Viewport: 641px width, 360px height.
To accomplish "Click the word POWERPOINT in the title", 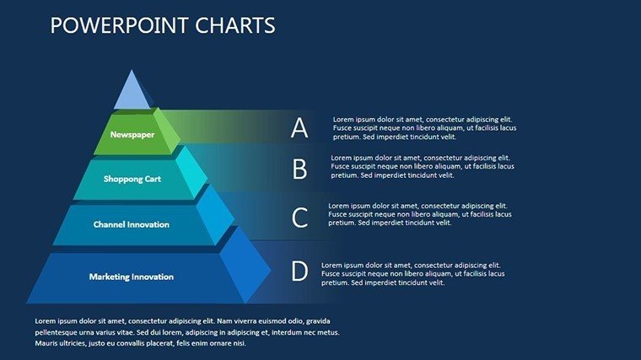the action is click(x=120, y=25).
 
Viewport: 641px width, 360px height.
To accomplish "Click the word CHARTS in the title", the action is click(x=235, y=25).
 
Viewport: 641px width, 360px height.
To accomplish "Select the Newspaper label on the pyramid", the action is click(x=132, y=134).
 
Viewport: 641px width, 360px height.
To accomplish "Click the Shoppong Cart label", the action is click(x=132, y=179).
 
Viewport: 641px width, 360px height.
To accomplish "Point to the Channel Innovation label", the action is click(x=132, y=224).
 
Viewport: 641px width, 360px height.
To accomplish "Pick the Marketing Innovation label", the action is click(x=132, y=277).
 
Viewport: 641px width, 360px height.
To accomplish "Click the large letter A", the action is click(x=299, y=128).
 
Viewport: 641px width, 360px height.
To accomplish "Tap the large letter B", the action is click(x=299, y=169).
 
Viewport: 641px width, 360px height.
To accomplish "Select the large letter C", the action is click(x=299, y=217).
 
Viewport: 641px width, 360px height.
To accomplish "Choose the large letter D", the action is click(x=299, y=271).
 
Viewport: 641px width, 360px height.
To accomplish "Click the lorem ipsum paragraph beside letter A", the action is click(x=424, y=128).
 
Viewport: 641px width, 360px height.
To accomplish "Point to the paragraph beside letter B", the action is click(x=423, y=166).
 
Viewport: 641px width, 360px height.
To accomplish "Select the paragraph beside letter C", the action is click(x=420, y=214).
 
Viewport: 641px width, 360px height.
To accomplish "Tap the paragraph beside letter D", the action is click(x=413, y=274).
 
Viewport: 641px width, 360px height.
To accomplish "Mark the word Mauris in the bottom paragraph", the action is click(x=46, y=343).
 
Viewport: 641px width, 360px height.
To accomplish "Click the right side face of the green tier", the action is click(x=167, y=130).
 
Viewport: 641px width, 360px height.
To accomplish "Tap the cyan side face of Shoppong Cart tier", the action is click(x=191, y=172).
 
